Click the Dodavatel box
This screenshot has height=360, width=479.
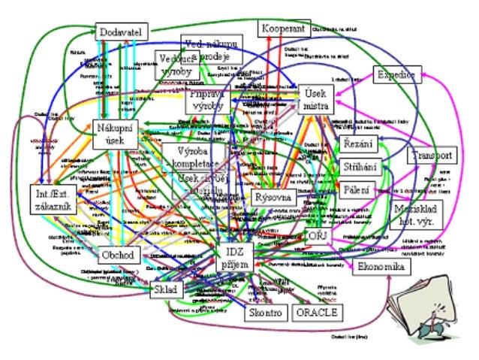click(122, 32)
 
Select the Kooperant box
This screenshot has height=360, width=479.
click(283, 29)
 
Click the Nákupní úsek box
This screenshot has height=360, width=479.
click(114, 135)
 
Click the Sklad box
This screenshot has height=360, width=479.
click(164, 289)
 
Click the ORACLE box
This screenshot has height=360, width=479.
click(317, 312)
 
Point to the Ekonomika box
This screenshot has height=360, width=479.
click(381, 268)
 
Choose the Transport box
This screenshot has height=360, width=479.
click(432, 156)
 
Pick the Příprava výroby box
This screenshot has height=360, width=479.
click(206, 101)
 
